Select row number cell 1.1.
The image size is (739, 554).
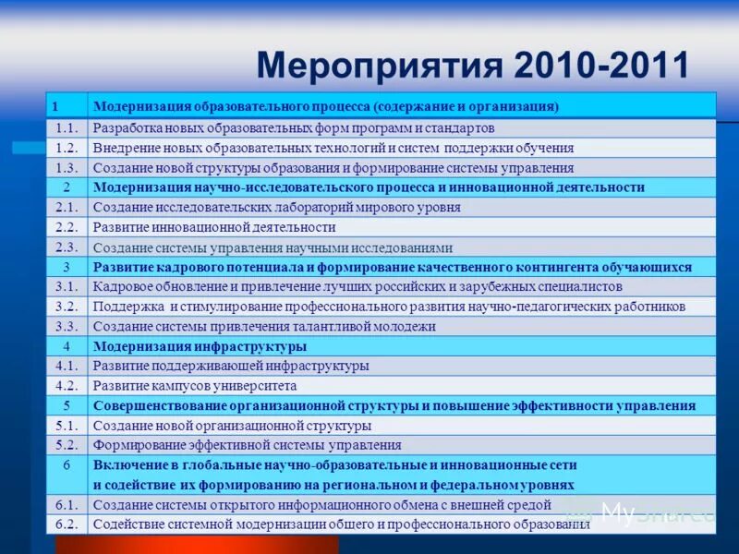coord(67,128)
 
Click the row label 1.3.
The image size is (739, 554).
coord(67,168)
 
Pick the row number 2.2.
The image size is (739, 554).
coord(67,227)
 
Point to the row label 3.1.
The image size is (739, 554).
coord(67,286)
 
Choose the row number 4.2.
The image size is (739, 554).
coord(67,386)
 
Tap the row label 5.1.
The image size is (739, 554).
coord(67,426)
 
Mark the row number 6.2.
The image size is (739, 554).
coord(67,524)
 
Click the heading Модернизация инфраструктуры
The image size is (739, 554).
coord(200,347)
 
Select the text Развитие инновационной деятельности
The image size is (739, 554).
coord(214,227)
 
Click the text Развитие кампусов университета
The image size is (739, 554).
coord(195,386)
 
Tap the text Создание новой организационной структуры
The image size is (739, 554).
coord(232,426)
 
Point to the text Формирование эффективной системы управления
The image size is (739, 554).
coord(247,445)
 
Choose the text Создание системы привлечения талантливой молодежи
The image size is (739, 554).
coord(264,326)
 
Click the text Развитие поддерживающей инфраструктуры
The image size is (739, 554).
coord(231,366)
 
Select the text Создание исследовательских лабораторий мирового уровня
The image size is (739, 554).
coord(276,208)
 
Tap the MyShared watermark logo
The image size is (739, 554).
coord(647,513)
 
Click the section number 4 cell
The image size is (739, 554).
coord(67,347)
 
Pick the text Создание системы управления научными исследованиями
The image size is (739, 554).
coord(273,247)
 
